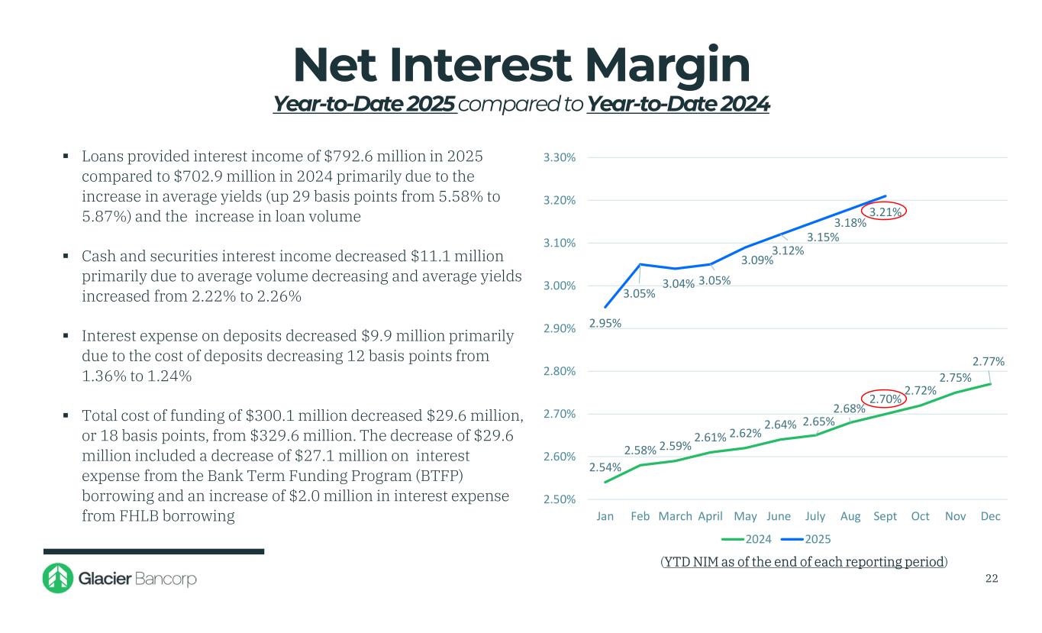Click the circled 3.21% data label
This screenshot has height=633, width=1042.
pyautogui.click(x=883, y=212)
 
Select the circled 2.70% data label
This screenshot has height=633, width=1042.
pyautogui.click(x=883, y=398)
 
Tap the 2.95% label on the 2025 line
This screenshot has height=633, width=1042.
pyautogui.click(x=605, y=323)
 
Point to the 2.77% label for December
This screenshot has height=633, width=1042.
pyautogui.click(x=989, y=361)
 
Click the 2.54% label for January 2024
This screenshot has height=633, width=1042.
pyautogui.click(x=605, y=467)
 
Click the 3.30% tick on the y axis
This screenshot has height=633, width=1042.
pyautogui.click(x=559, y=158)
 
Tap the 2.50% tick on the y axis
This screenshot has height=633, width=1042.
pyautogui.click(x=559, y=500)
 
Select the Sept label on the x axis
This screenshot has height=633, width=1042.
pyautogui.click(x=886, y=517)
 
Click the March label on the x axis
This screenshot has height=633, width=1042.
pyautogui.click(x=675, y=517)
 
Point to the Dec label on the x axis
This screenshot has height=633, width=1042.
pyautogui.click(x=990, y=517)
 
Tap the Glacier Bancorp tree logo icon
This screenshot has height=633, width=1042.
pyautogui.click(x=57, y=579)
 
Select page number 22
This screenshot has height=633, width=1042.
pyautogui.click(x=992, y=579)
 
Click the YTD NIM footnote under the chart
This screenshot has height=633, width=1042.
pyautogui.click(x=804, y=562)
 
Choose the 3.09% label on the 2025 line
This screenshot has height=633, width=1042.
pyautogui.click(x=758, y=260)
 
